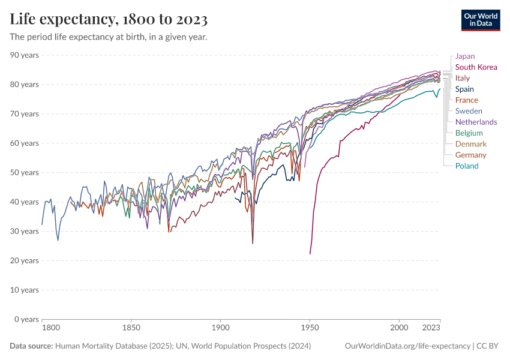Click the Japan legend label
pyautogui.click(x=465, y=56)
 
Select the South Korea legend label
pyautogui.click(x=476, y=67)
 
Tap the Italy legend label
pyautogui.click(x=463, y=78)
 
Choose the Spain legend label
pyautogui.click(x=464, y=89)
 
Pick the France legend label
pyautogui.click(x=467, y=100)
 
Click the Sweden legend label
pyautogui.click(x=469, y=111)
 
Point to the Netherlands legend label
pyautogui.click(x=476, y=122)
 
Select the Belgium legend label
pyautogui.click(x=469, y=133)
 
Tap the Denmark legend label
pyautogui.click(x=471, y=144)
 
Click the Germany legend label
pyautogui.click(x=471, y=155)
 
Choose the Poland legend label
pyautogui.click(x=467, y=166)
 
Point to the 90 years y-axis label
pyautogui.click(x=24, y=55)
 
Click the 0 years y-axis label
pyautogui.click(x=26, y=319)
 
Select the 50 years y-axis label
pyautogui.click(x=24, y=173)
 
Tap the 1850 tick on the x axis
pyautogui.click(x=131, y=328)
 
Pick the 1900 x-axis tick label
pyautogui.click(x=221, y=328)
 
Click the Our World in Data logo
pyautogui.click(x=481, y=19)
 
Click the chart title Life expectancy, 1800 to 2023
pyautogui.click(x=109, y=20)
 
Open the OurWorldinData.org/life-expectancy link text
pyautogui.click(x=408, y=346)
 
